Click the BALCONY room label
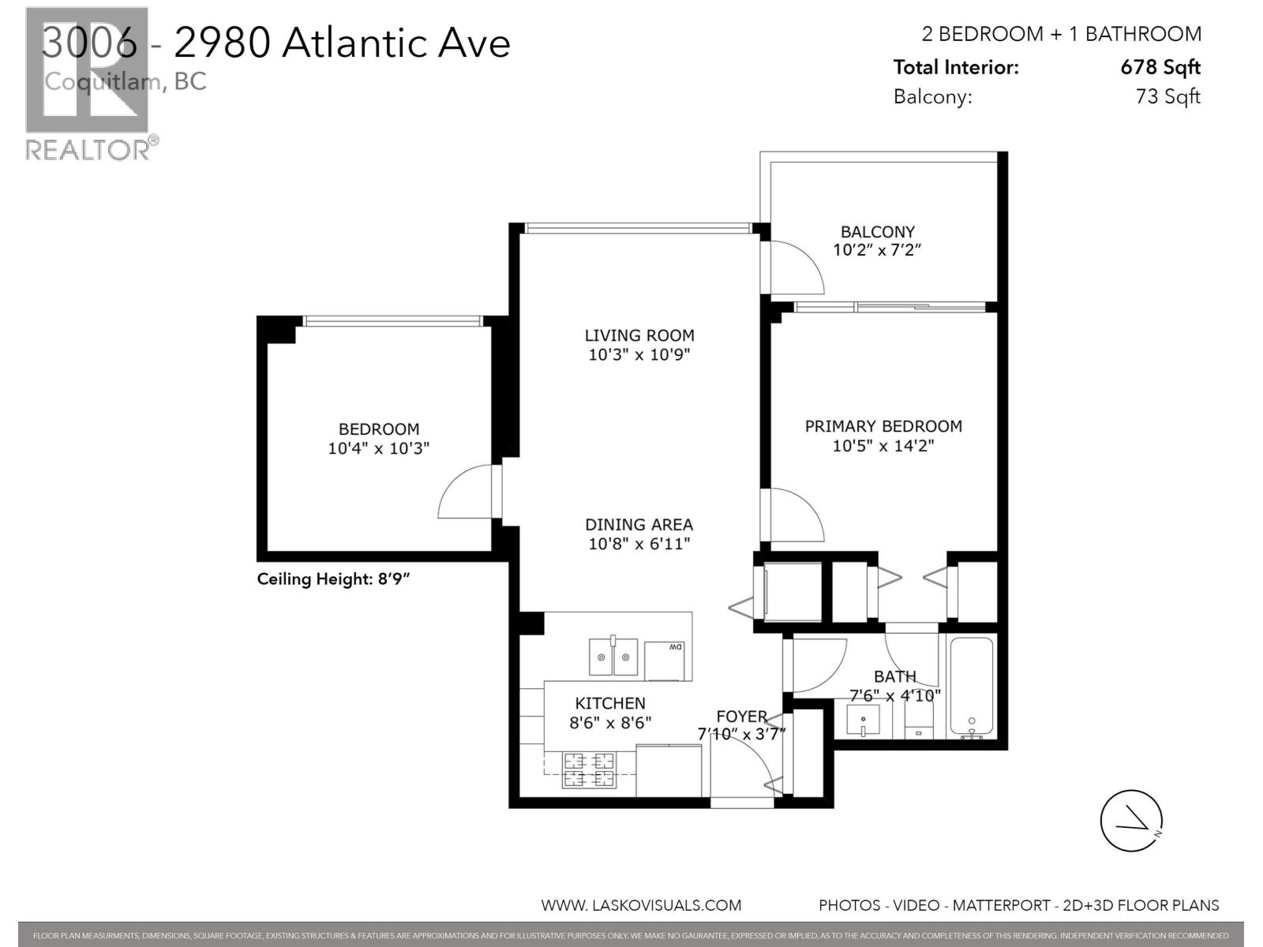tap(877, 231)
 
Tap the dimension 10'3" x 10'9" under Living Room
tap(639, 355)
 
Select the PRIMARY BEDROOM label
tap(883, 426)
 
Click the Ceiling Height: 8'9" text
tap(333, 579)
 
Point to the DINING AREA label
tap(639, 524)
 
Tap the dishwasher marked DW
tap(665, 661)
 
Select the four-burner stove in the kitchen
tap(588, 770)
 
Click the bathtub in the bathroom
tap(971, 687)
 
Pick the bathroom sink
tap(863, 720)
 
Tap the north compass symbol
tap(1132, 821)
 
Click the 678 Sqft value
tap(1160, 67)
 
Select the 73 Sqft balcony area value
tap(1167, 96)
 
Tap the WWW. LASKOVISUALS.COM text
tap(641, 905)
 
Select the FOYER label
tap(741, 716)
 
